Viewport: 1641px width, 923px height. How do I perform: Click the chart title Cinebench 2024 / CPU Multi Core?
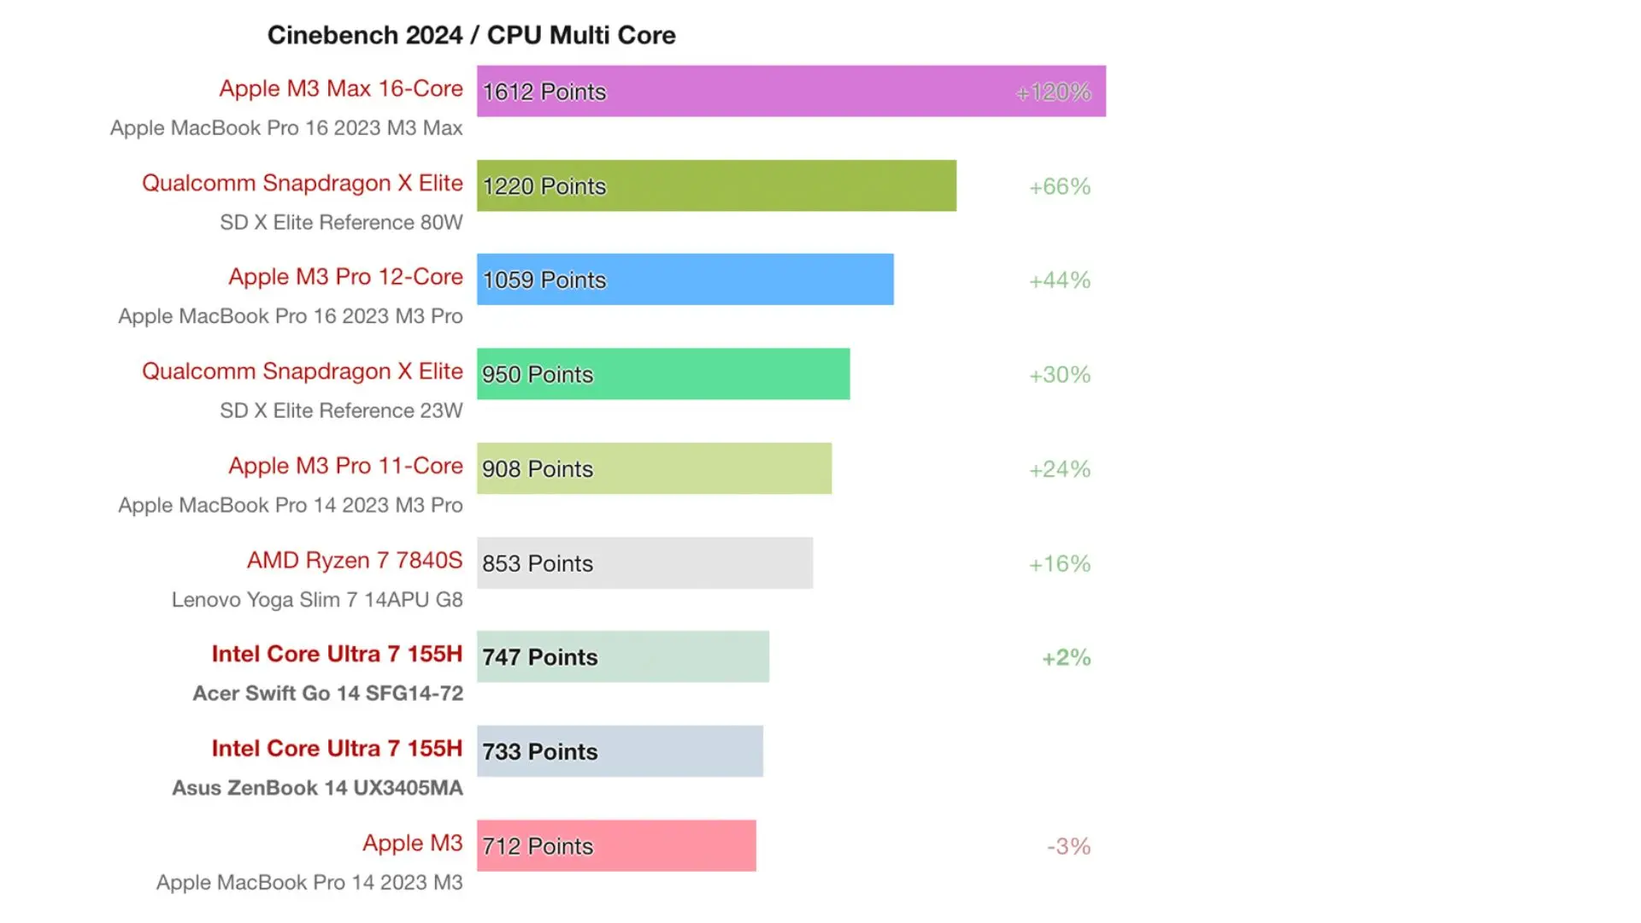(x=471, y=35)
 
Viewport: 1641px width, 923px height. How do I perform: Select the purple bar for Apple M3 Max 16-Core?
(x=791, y=91)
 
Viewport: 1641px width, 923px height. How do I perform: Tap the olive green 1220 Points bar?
(x=716, y=185)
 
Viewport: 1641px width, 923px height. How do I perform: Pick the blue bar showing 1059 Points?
(x=685, y=279)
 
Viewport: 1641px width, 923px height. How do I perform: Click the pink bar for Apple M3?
(x=616, y=846)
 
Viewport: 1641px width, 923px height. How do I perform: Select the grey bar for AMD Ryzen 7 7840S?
(x=644, y=563)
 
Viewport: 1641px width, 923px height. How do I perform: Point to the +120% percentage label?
(x=1053, y=91)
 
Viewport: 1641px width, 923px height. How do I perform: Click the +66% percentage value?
(x=1060, y=186)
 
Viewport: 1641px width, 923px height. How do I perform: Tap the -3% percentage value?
(x=1068, y=846)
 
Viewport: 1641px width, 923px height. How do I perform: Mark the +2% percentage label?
(x=1066, y=657)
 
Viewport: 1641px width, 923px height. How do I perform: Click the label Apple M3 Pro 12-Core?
(x=345, y=277)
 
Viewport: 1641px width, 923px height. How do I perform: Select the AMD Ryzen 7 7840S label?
(x=355, y=560)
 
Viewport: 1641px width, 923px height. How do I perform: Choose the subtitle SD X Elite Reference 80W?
(x=341, y=222)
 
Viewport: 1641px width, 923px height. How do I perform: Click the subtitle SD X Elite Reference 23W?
(x=341, y=410)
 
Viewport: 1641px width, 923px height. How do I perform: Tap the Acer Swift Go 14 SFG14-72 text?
(x=327, y=693)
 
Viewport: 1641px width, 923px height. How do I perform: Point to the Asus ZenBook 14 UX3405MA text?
(x=317, y=787)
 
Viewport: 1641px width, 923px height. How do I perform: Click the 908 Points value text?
(x=538, y=469)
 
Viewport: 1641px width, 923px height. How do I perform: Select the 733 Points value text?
(x=540, y=752)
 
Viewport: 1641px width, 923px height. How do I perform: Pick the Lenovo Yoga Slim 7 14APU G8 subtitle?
(x=317, y=599)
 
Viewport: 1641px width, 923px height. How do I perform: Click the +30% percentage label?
(x=1060, y=374)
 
